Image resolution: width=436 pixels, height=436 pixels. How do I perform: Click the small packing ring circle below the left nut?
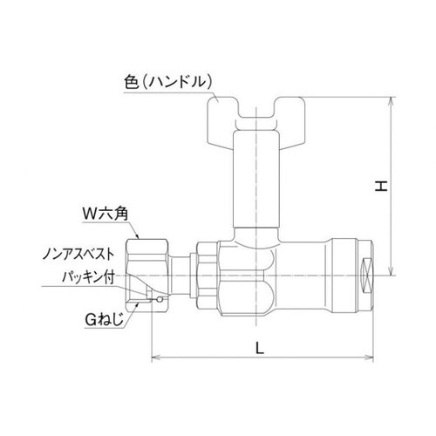(159, 302)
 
